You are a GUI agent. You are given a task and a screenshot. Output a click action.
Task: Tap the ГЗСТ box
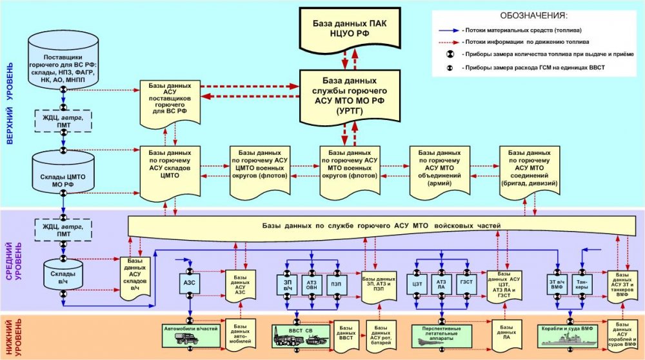click(466, 283)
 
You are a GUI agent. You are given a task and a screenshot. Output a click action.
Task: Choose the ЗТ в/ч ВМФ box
click(555, 283)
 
